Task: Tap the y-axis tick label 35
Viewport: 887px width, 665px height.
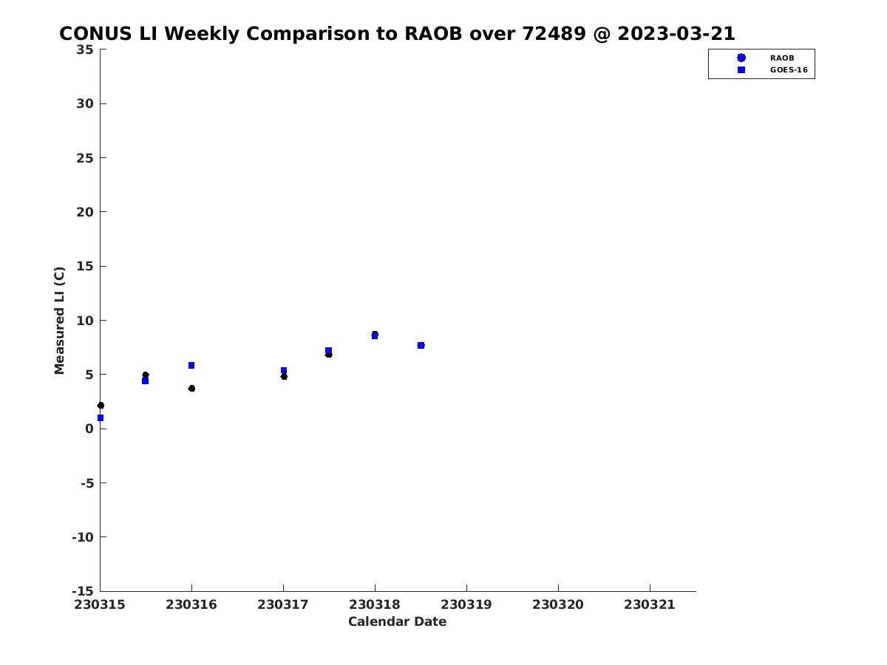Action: pyautogui.click(x=85, y=50)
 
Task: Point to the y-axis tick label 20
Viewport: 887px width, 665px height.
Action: pyautogui.click(x=85, y=212)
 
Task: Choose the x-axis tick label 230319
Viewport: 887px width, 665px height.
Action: pyautogui.click(x=466, y=604)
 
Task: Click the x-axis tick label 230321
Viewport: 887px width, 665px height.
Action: pyautogui.click(x=650, y=604)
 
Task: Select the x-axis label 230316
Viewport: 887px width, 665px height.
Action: pyautogui.click(x=191, y=604)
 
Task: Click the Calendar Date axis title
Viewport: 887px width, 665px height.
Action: pyautogui.click(x=397, y=621)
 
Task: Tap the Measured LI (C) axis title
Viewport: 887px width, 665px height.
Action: pyautogui.click(x=59, y=321)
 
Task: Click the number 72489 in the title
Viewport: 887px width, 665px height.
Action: pyautogui.click(x=554, y=33)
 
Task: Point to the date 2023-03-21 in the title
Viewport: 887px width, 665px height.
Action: pyautogui.click(x=676, y=33)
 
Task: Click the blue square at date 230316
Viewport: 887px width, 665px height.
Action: pyautogui.click(x=191, y=366)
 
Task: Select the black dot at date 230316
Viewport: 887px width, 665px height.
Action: pyautogui.click(x=191, y=389)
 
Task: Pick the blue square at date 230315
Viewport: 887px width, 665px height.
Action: pyautogui.click(x=101, y=418)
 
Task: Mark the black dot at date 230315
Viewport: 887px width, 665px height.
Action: pyautogui.click(x=101, y=406)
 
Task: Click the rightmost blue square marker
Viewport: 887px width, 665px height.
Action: pyautogui.click(x=421, y=345)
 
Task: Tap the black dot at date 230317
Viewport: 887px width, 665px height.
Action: pyautogui.click(x=284, y=376)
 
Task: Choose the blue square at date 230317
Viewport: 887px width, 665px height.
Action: pyautogui.click(x=284, y=370)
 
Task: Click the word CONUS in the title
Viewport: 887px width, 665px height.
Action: pyautogui.click(x=95, y=33)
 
